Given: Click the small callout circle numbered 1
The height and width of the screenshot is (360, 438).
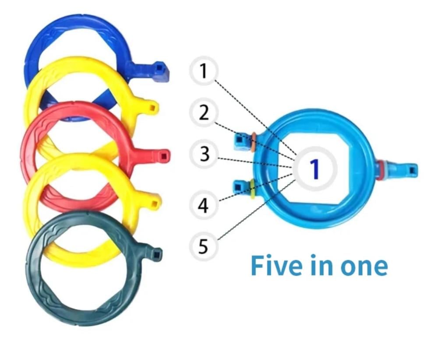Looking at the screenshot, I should [203, 71].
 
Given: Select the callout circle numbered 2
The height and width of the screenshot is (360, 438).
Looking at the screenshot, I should [203, 113].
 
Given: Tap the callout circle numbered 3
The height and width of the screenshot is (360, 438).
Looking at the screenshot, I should [203, 154].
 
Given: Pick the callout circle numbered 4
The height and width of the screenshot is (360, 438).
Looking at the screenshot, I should [203, 205].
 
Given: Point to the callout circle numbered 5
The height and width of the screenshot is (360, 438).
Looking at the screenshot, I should [203, 246].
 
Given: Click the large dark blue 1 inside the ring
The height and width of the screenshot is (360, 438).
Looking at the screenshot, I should [314, 169].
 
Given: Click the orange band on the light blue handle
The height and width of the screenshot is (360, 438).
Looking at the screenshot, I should [253, 141].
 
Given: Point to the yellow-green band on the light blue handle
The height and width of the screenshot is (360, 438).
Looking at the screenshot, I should [253, 188].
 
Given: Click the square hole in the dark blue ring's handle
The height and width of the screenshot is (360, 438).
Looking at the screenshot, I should [161, 68].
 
